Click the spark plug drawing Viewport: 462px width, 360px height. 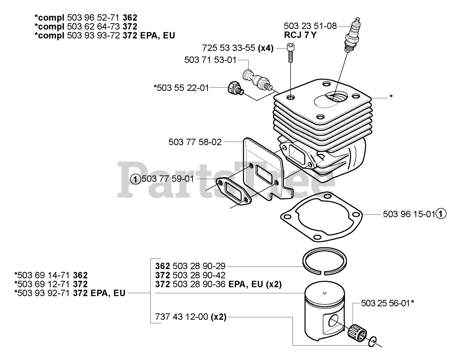352,36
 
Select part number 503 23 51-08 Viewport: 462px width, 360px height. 310,26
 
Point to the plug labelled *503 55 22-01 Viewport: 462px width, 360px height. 235,89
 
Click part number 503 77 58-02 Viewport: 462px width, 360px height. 195,142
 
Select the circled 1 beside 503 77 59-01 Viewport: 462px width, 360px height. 135,179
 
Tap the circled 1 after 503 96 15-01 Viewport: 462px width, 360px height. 440,214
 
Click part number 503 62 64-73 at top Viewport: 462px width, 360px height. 93,26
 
